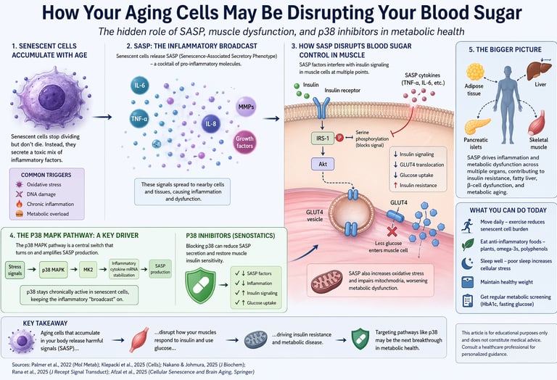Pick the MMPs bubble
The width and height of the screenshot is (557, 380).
(245, 107)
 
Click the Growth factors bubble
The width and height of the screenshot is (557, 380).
(245, 139)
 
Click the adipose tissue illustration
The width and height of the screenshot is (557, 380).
(476, 75)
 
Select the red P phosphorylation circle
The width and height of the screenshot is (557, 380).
(339, 137)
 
